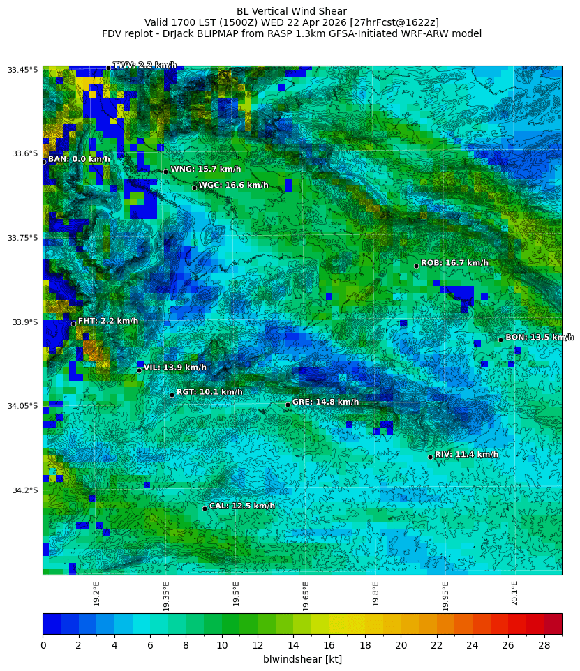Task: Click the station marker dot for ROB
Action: [x=416, y=266]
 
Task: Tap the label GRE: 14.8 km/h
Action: [x=325, y=402]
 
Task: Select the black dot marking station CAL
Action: [x=205, y=508]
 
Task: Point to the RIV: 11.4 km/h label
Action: [x=466, y=455]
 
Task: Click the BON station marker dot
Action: [x=500, y=340]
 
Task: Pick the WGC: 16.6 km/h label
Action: [x=233, y=186]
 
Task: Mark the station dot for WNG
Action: [x=165, y=172]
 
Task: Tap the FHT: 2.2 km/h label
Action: [x=107, y=322]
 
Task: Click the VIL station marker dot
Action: [x=139, y=370]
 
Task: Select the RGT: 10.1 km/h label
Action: [x=209, y=393]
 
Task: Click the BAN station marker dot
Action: [x=43, y=162]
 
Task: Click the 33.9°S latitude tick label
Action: [x=23, y=322]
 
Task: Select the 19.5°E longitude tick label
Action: [x=236, y=594]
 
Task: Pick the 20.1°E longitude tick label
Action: [x=515, y=594]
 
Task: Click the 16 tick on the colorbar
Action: [x=329, y=646]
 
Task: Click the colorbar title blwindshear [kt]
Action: [x=302, y=659]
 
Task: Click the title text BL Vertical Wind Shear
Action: [x=291, y=11]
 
